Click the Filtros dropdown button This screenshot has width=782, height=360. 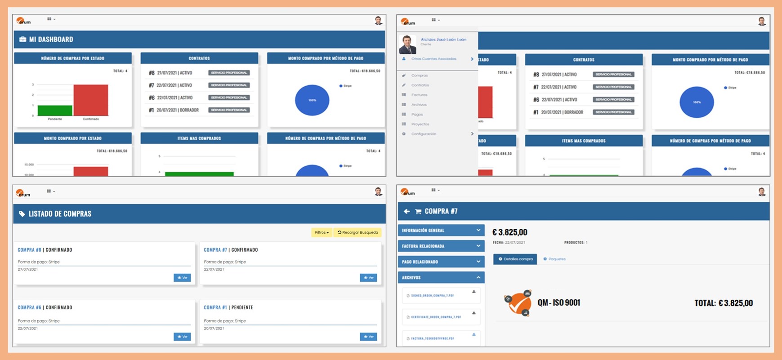322,232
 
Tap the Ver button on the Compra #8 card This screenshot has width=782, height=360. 182,278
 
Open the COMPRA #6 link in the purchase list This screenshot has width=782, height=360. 29,307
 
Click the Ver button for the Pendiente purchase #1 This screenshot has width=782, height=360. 368,337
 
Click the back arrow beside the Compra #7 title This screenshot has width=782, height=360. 407,211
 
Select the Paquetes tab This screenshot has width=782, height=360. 554,259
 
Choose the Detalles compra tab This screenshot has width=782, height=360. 515,259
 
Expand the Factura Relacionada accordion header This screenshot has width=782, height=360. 441,246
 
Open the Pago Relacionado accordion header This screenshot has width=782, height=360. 441,262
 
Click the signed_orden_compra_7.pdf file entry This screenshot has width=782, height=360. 432,296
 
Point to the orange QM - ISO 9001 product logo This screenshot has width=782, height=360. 518,303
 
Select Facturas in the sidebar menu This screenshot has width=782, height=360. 419,95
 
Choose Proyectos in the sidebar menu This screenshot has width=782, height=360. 420,124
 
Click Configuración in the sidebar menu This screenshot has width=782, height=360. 424,134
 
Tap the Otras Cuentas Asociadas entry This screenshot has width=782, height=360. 433,59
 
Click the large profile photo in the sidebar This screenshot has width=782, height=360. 407,44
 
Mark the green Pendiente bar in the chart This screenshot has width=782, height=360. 55,111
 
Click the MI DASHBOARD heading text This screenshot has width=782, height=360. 51,40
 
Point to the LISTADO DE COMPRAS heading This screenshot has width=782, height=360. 60,214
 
